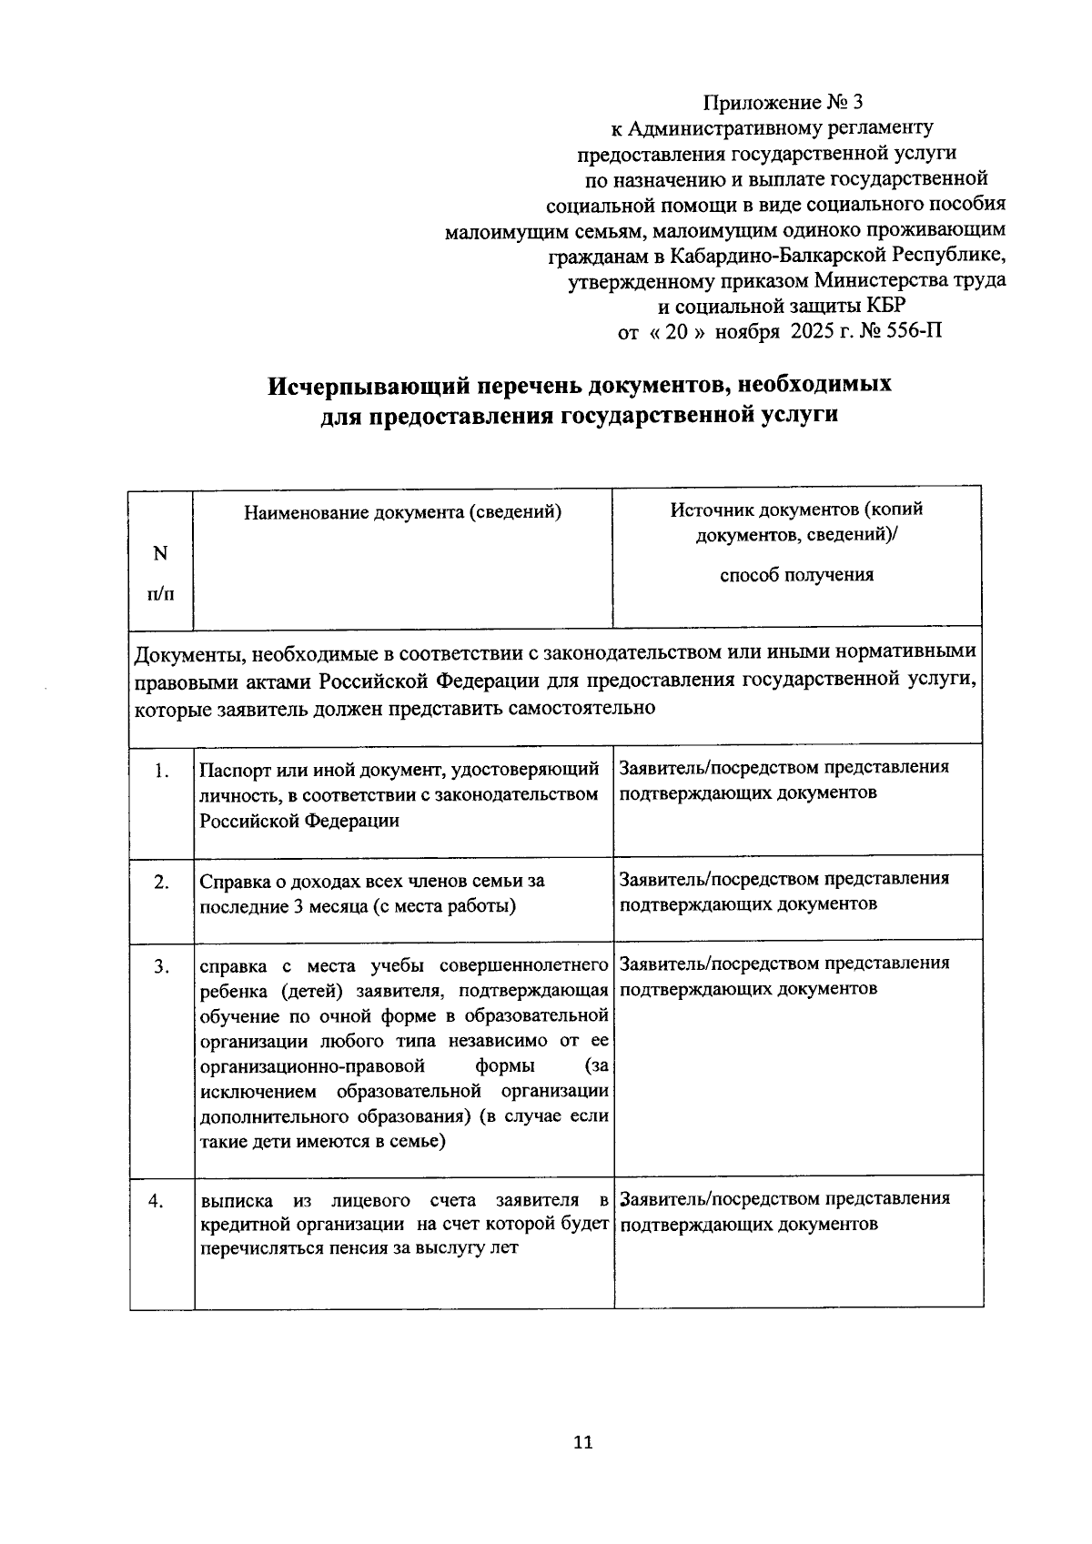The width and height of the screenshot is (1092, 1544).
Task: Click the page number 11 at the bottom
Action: [583, 1442]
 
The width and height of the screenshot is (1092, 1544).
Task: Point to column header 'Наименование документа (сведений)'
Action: [402, 512]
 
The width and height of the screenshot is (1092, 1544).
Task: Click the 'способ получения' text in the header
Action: [796, 575]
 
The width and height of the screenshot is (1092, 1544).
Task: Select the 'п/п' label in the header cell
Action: [160, 594]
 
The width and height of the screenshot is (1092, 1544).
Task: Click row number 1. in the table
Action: [161, 772]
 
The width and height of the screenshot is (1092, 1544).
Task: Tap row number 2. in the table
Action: [161, 882]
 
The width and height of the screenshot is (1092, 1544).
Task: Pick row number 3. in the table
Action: [161, 967]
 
